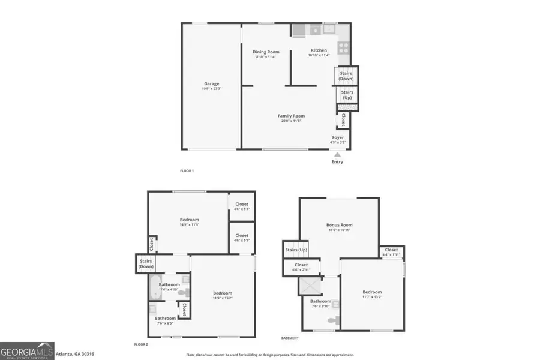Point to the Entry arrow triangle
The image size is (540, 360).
coord(337,154)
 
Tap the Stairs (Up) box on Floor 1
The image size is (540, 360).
coord(347,95)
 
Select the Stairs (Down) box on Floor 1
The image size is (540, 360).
coord(346,76)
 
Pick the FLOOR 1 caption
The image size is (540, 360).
coord(187,171)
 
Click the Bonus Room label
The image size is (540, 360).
coord(339,227)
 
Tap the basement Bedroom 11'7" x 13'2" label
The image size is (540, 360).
coord(372,294)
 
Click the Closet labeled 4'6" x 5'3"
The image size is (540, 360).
coord(242,206)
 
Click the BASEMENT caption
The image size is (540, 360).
coord(290,338)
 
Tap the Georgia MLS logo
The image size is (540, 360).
coord(28,350)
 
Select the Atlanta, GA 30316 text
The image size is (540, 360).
coord(75,354)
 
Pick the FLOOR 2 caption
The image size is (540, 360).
coord(141,344)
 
